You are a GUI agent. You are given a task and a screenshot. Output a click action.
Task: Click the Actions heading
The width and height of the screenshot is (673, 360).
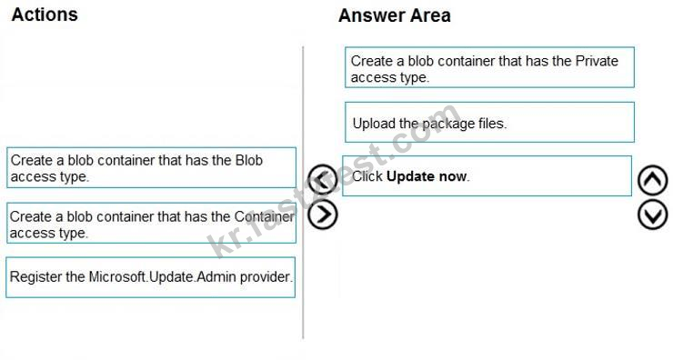45,15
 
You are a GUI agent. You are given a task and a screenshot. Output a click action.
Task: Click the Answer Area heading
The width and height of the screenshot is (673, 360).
395,15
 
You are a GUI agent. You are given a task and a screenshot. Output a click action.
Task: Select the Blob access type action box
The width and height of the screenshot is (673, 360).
152,168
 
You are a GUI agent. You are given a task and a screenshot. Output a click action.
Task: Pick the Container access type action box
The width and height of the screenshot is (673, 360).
152,223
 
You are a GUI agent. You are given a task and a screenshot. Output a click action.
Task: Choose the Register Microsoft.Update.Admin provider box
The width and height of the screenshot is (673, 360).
151,277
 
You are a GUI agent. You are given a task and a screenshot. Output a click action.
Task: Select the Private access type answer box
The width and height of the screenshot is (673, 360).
489,68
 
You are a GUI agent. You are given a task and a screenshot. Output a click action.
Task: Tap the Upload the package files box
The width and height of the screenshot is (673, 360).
489,123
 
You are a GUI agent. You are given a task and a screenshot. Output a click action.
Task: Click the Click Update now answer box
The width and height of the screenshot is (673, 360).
487,176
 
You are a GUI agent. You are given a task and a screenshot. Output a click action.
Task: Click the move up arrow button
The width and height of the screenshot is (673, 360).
652,180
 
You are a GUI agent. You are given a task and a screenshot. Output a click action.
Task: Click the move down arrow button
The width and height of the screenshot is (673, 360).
652,215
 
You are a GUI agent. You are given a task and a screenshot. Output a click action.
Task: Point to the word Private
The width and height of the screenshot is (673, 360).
597,61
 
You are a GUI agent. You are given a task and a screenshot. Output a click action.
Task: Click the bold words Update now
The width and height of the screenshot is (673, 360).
427,176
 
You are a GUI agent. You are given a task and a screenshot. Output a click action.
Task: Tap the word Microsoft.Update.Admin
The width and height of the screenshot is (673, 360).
163,276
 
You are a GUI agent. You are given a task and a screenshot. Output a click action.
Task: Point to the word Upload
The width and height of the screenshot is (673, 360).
374,124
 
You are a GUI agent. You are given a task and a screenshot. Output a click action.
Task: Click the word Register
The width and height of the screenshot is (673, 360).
35,277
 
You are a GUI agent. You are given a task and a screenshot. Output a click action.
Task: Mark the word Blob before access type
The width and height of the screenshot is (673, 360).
249,160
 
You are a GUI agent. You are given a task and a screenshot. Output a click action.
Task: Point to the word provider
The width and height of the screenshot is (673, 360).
266,277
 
